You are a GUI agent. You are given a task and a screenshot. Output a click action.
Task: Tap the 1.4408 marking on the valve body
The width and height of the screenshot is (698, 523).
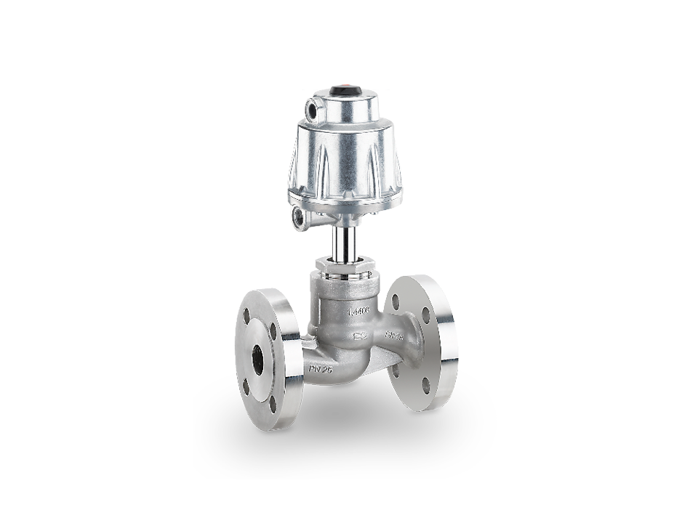tap(358, 311)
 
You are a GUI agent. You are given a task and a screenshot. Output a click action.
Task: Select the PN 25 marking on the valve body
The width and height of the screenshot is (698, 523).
tap(320, 369)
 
